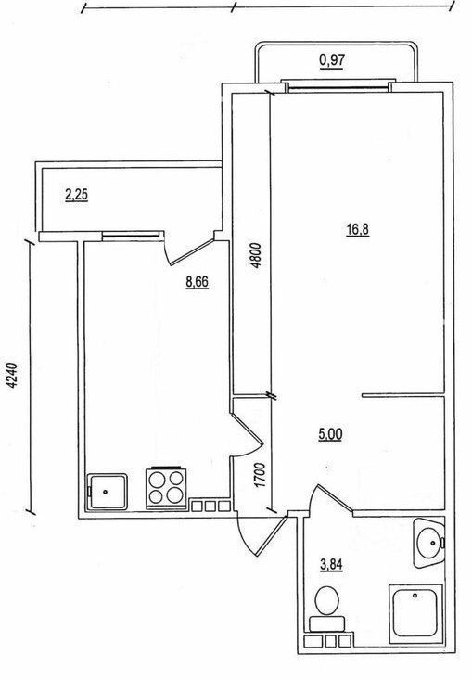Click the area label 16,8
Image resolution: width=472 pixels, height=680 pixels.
[x=357, y=229]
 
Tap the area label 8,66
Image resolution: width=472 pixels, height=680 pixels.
[x=197, y=282]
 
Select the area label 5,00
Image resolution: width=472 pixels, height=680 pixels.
[x=330, y=434]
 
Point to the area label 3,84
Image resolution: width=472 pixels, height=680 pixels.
[x=331, y=565]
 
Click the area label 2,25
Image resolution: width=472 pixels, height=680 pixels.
[x=76, y=195]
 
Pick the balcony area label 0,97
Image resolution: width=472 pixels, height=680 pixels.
[x=332, y=60]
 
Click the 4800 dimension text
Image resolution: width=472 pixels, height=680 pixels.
[x=256, y=255]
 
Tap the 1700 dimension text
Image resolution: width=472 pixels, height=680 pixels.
[x=260, y=475]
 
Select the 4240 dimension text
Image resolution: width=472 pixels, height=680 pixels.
[x=14, y=375]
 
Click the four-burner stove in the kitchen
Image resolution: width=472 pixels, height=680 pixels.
[x=166, y=487]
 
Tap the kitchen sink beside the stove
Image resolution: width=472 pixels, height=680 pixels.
[x=107, y=492]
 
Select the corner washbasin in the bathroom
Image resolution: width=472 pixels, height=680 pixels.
[x=428, y=542]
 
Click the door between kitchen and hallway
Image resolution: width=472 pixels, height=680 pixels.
[x=247, y=433]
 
